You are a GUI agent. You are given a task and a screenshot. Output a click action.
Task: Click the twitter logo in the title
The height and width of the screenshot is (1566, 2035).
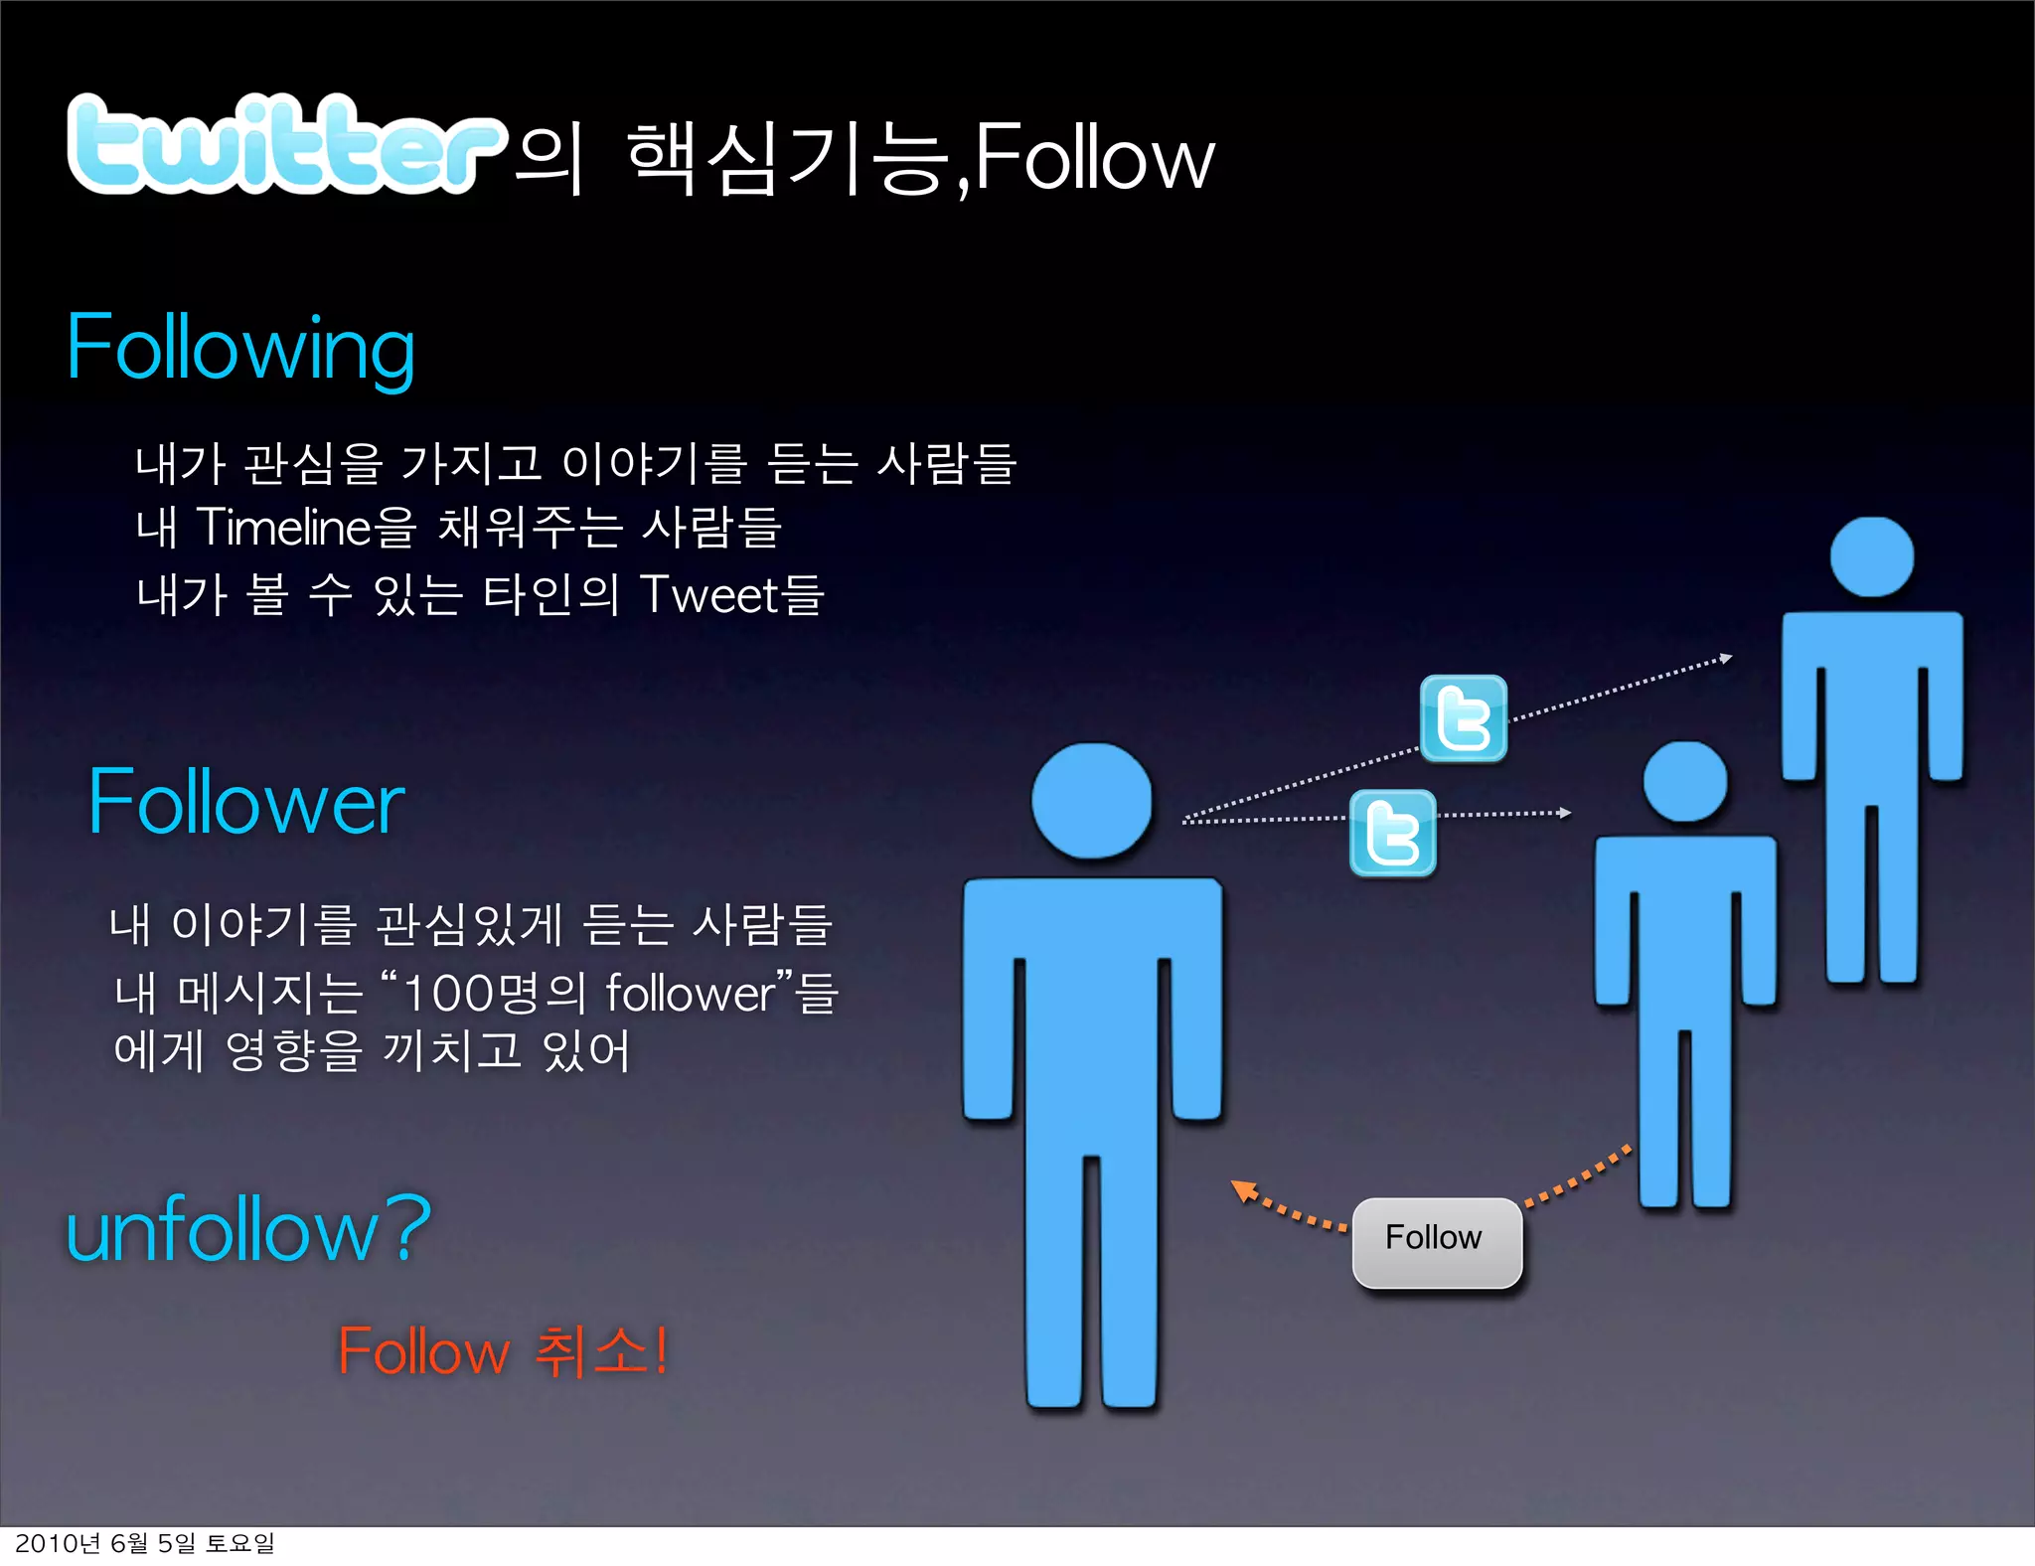pyautogui.click(x=283, y=144)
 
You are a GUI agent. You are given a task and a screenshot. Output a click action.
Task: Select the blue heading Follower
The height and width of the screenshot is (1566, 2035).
pyautogui.click(x=246, y=802)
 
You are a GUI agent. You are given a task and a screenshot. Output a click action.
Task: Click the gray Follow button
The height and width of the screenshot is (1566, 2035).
pyautogui.click(x=1437, y=1242)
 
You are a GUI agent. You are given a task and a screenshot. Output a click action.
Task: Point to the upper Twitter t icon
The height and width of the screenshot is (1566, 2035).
pyautogui.click(x=1463, y=718)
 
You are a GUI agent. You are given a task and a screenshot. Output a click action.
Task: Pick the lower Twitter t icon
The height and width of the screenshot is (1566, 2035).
pyautogui.click(x=1392, y=833)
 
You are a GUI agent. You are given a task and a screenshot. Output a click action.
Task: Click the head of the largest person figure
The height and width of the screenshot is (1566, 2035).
pyautogui.click(x=1091, y=800)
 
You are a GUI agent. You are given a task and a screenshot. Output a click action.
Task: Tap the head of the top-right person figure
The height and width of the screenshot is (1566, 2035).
pyautogui.click(x=1871, y=556)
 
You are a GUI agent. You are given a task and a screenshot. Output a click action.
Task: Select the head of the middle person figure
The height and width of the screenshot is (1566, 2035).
pyautogui.click(x=1684, y=781)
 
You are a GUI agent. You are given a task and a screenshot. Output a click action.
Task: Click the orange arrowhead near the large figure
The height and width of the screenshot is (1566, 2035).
pyautogui.click(x=1241, y=1187)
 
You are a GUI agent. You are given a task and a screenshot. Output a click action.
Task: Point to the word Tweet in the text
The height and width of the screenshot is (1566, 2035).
pyautogui.click(x=709, y=595)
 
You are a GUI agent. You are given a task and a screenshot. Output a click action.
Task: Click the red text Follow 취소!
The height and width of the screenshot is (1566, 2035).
pyautogui.click(x=502, y=1351)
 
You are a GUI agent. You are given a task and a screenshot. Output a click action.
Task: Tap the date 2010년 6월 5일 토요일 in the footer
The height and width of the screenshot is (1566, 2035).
pyautogui.click(x=145, y=1543)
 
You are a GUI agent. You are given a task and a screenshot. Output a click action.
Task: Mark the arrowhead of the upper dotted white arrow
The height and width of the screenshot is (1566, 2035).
pyautogui.click(x=1726, y=658)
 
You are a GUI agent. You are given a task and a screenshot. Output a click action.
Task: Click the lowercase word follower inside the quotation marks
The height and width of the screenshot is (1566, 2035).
pyautogui.click(x=690, y=993)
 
